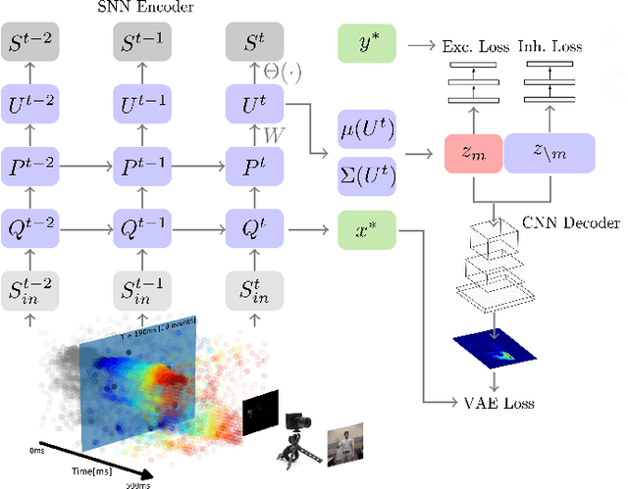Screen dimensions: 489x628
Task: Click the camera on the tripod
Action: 295,431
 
